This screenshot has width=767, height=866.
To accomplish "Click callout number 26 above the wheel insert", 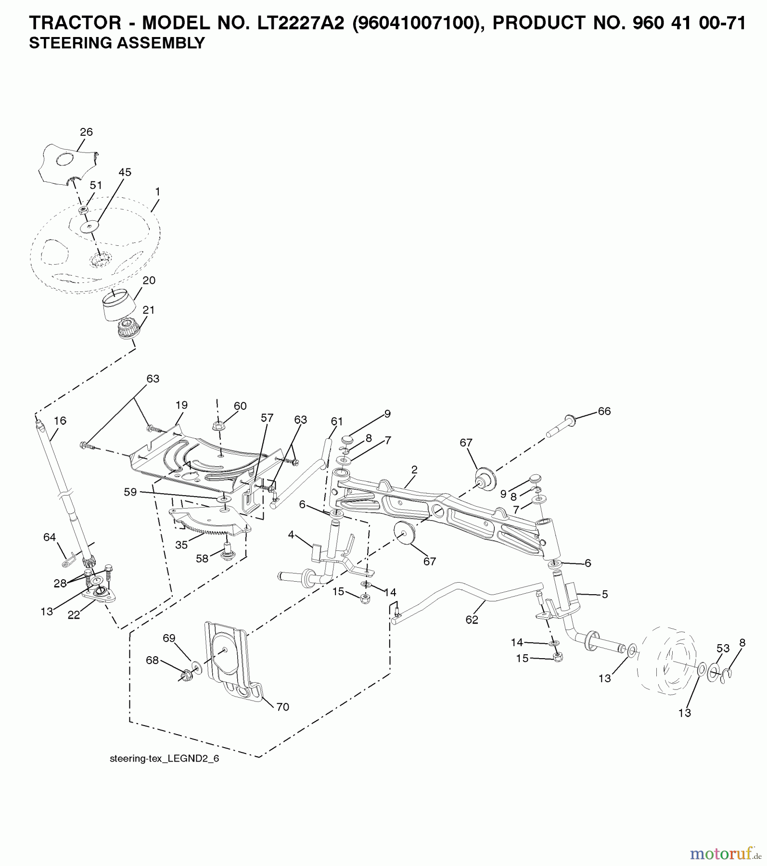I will [86, 132].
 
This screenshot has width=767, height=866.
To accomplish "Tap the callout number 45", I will [125, 172].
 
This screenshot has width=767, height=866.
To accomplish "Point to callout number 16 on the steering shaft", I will [60, 420].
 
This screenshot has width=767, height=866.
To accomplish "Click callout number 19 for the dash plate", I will [181, 405].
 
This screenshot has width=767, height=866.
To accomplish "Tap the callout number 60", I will [240, 406].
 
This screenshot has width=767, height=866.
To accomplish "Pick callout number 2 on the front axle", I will [414, 469].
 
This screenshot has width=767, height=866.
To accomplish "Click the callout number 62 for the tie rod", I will [472, 620].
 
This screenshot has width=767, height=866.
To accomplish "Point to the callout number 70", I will [282, 707].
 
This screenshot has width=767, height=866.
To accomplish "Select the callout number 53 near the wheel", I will [723, 648].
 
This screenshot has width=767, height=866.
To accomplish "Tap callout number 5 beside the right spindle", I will [605, 594].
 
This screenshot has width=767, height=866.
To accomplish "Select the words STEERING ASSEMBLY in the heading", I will [117, 43].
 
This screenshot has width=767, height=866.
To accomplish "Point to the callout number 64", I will [50, 537].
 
